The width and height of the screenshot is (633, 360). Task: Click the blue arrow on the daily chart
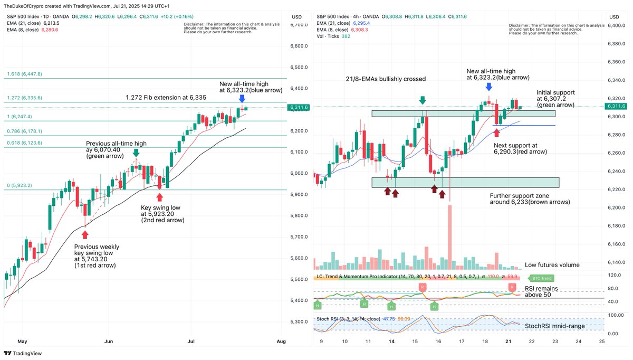coord(242,99)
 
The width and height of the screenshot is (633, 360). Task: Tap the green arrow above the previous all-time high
coord(136,153)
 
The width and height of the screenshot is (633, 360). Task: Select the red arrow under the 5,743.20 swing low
coord(85,234)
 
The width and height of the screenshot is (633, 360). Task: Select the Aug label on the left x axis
coord(281,342)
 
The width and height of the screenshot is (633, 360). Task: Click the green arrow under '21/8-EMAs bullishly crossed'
coord(422,100)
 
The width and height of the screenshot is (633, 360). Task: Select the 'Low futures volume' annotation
coord(552,265)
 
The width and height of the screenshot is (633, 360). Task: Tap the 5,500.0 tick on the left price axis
coord(299,279)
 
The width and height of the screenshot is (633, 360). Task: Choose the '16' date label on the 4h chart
coord(438,342)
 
